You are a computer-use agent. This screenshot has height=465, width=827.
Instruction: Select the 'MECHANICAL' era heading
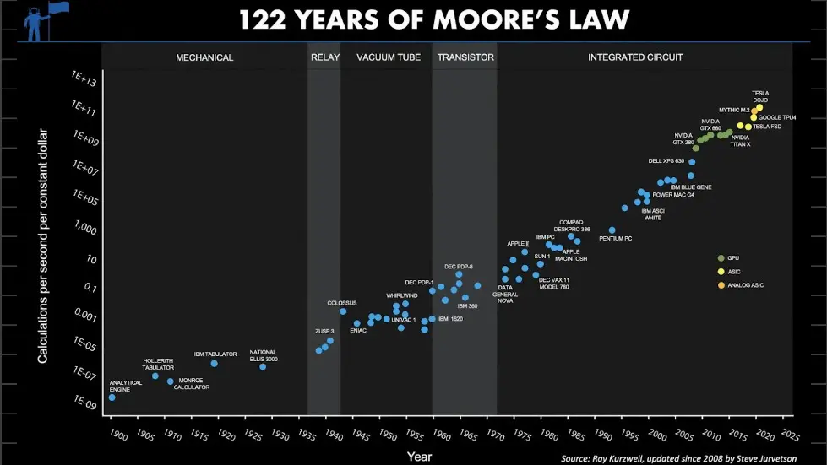coord(204,57)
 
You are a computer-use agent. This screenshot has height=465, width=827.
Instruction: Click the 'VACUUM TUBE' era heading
coord(385,57)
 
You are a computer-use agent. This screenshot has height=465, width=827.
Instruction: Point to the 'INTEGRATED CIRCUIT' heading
coord(635,57)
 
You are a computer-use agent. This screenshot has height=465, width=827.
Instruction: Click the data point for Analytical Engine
coord(112,397)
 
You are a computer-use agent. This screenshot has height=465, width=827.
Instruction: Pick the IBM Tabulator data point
coord(215,363)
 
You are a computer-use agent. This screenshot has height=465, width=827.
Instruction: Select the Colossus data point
coord(343,311)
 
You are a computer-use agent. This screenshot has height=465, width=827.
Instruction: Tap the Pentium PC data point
coord(612,230)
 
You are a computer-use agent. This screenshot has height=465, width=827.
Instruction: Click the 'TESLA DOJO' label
coord(760,96)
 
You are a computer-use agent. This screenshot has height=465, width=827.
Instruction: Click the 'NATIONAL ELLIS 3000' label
coord(264,355)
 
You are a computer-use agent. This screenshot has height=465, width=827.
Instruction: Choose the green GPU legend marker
coord(721,258)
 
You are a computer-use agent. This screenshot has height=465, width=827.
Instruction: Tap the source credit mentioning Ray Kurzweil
coord(678,458)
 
